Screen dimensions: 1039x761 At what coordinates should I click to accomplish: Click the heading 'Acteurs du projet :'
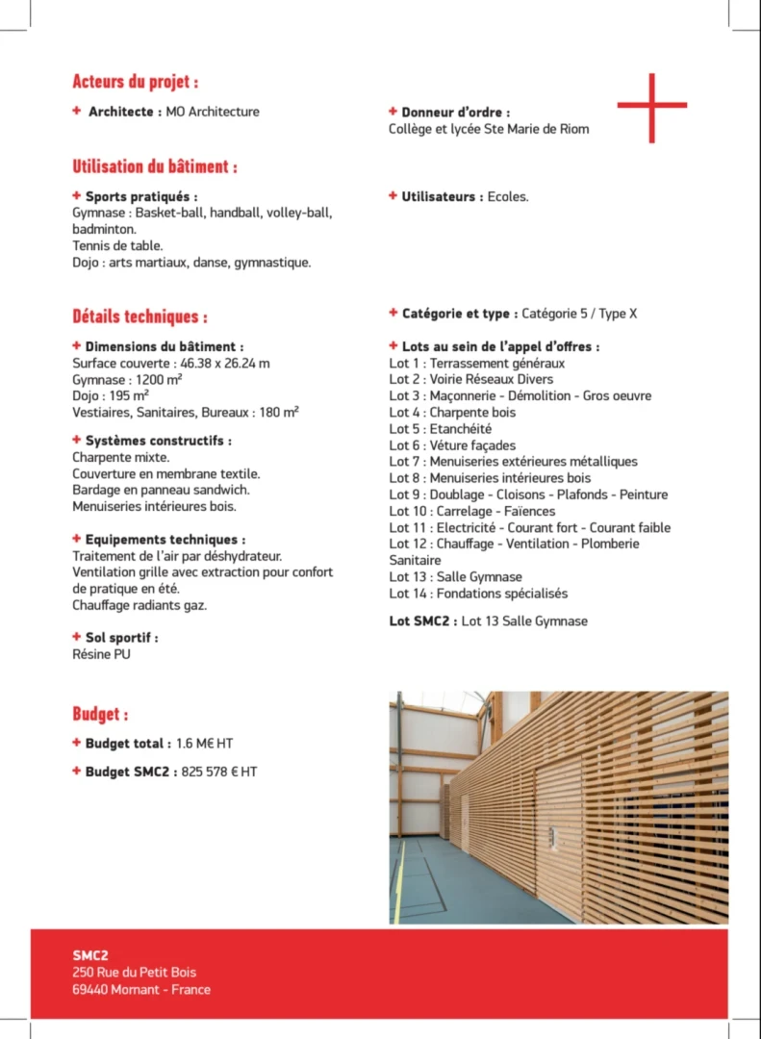(136, 82)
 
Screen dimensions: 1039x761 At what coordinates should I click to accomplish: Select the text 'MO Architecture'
(213, 112)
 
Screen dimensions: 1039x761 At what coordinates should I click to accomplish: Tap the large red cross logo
(651, 107)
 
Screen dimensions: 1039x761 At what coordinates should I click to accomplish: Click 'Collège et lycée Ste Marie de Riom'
(489, 129)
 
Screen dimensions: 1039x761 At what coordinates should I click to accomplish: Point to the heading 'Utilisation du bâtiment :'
(155, 166)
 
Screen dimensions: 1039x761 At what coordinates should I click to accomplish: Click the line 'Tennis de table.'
(117, 245)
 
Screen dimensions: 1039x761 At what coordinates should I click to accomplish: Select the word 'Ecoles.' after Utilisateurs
(508, 196)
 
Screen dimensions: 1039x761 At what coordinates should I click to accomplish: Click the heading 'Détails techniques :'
(140, 316)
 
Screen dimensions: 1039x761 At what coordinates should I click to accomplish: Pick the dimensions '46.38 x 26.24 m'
(224, 364)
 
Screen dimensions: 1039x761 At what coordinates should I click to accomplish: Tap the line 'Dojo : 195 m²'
(111, 395)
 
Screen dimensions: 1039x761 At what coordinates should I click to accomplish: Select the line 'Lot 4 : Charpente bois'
(452, 412)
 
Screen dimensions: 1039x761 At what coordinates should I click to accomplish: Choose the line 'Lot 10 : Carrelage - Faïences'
(472, 511)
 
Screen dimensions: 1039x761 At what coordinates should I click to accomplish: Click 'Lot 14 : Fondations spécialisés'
(478, 594)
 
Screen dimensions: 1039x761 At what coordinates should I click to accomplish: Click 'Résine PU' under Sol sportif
(101, 654)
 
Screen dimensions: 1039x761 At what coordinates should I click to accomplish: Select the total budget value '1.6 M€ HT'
(206, 744)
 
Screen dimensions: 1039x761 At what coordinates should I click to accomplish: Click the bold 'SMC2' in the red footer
(90, 955)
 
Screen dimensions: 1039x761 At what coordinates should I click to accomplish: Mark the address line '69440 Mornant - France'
(141, 989)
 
